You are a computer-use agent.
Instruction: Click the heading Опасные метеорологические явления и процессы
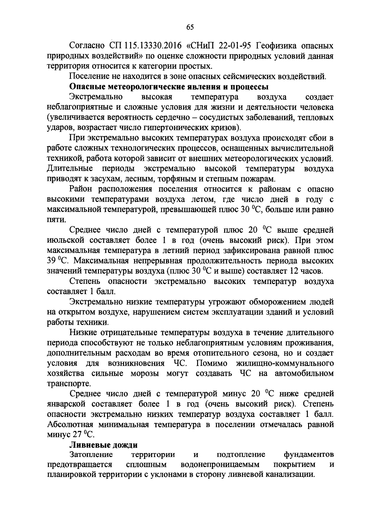click(169, 87)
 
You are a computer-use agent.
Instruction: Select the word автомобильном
click(304, 373)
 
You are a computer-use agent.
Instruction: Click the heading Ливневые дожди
click(103, 445)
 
